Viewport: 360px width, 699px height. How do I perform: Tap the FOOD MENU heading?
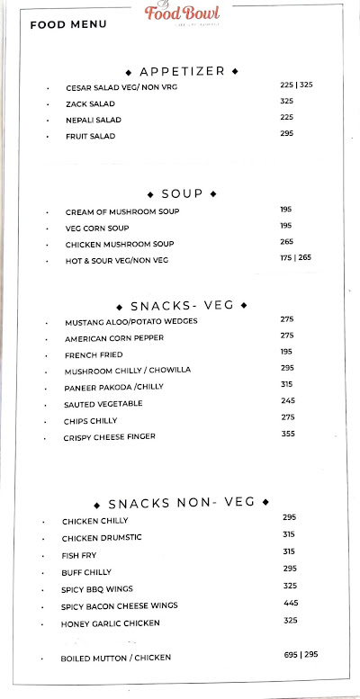pyautogui.click(x=68, y=24)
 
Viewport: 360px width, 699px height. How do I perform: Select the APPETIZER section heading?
pyautogui.click(x=182, y=70)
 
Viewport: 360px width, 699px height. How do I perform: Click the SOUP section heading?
pyautogui.click(x=182, y=193)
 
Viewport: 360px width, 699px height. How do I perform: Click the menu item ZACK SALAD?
pyautogui.click(x=90, y=103)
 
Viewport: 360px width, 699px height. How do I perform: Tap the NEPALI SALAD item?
pyautogui.click(x=94, y=120)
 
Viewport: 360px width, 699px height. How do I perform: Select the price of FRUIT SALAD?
pyautogui.click(x=287, y=133)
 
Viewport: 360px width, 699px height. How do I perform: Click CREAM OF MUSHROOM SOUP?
pyautogui.click(x=122, y=212)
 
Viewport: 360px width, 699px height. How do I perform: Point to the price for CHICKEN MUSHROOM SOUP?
pyautogui.click(x=286, y=241)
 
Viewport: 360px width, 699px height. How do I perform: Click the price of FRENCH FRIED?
pyautogui.click(x=287, y=351)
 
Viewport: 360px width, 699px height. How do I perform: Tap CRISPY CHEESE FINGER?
pyautogui.click(x=110, y=436)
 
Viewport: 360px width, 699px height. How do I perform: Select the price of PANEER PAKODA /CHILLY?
pyautogui.click(x=288, y=384)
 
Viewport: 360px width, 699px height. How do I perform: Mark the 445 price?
pyautogui.click(x=290, y=603)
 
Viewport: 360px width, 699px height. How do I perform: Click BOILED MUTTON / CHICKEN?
pyautogui.click(x=115, y=658)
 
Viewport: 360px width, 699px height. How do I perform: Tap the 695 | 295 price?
pyautogui.click(x=299, y=654)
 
